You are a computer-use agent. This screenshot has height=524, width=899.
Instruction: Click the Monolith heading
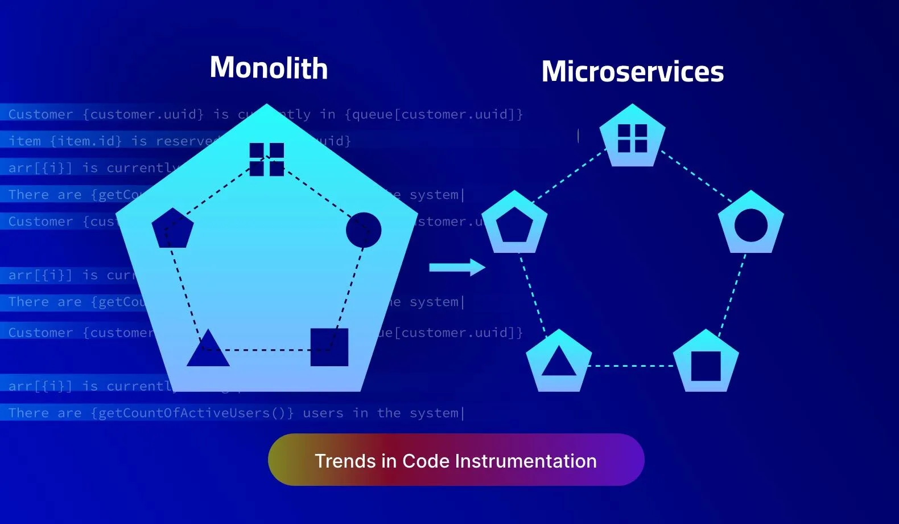click(x=269, y=68)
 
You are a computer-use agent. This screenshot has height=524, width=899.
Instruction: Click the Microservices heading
click(x=632, y=72)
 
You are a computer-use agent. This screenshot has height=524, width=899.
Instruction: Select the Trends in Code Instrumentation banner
click(x=456, y=460)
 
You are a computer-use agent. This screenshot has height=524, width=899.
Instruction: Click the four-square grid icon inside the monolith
click(x=266, y=159)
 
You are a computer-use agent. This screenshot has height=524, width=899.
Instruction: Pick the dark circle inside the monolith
click(x=363, y=230)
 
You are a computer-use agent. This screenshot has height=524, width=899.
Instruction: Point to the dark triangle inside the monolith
click(x=208, y=349)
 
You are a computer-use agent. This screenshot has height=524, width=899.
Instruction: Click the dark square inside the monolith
click(x=329, y=347)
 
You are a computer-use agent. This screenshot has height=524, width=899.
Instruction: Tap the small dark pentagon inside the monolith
click(x=172, y=228)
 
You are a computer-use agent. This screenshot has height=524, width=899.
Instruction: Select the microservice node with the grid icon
click(x=632, y=137)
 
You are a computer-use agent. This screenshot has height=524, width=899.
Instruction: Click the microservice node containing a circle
click(x=750, y=224)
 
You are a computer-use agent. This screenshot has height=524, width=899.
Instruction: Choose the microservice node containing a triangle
click(x=559, y=362)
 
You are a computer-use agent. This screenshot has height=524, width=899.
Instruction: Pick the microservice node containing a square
click(x=706, y=363)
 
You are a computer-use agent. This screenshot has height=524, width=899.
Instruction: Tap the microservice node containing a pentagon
click(x=514, y=224)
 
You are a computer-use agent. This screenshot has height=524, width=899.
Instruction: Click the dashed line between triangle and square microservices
click(x=632, y=366)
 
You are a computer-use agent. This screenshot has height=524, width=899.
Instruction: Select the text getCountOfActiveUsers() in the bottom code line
click(x=192, y=413)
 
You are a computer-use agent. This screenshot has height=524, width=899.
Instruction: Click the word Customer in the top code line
click(x=40, y=114)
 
